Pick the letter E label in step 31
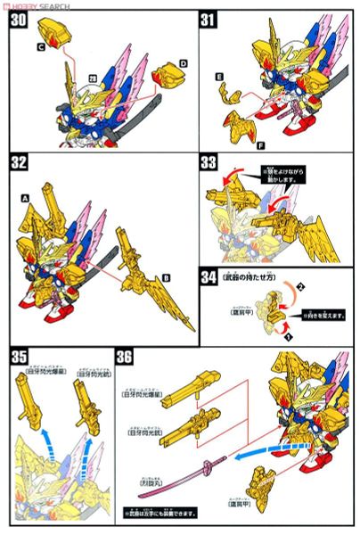[218, 78]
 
